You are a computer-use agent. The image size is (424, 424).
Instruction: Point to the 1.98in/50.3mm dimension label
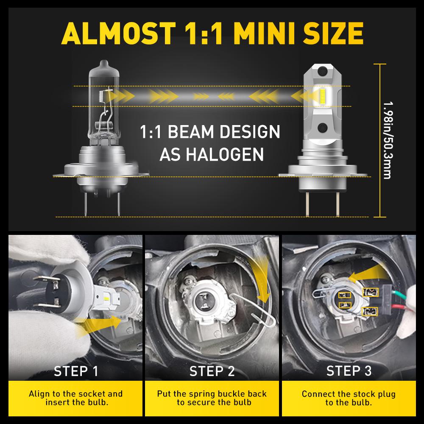point(386,140)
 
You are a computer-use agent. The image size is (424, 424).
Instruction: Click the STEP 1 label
point(76,371)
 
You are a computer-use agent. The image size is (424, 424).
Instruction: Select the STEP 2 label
point(212,371)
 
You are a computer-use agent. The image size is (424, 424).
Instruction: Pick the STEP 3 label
point(349,371)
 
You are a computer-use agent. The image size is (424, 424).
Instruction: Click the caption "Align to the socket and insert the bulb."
point(75,398)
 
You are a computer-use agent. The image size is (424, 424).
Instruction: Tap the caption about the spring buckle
point(212,398)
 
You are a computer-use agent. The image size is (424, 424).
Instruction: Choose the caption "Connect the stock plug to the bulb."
point(349,398)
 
